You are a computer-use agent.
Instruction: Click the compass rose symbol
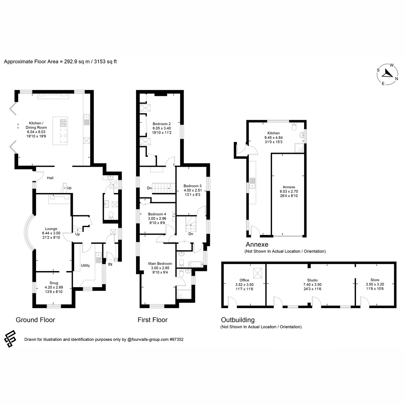coord(387,74)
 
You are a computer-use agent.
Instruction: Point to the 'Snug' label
coord(54,283)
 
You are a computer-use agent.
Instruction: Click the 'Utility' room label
coord(85,266)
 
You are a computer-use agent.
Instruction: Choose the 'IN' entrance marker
coord(110,265)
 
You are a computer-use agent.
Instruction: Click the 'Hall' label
coord(50,178)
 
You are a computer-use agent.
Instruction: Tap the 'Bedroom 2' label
coord(162,124)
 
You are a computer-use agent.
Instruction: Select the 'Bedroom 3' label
coord(192,186)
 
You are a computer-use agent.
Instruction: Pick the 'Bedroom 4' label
coord(157,214)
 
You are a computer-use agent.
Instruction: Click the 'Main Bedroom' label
coord(160,264)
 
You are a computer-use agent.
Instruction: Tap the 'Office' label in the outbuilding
coord(244,280)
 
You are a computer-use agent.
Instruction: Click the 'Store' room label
coord(375,280)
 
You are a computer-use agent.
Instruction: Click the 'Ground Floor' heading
coord(35,320)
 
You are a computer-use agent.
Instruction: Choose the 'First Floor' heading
coord(153,320)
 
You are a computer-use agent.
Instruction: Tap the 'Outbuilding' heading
coord(238,320)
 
